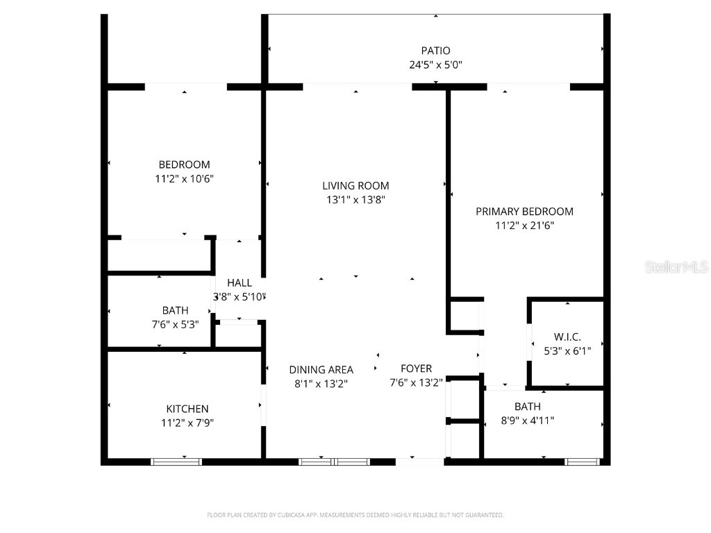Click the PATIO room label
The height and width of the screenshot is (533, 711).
435,51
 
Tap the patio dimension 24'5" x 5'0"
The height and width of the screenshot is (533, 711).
435,65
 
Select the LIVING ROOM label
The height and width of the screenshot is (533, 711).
355,185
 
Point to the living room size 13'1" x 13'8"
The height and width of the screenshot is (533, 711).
355,200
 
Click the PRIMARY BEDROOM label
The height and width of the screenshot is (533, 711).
524,211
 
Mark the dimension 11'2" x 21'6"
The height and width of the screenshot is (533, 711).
524,225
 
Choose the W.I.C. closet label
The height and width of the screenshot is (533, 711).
567,337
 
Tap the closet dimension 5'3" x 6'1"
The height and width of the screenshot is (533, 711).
567,350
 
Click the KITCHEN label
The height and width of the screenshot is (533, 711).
187,409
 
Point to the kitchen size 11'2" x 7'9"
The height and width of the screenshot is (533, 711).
187,423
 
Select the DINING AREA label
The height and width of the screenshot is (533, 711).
321,370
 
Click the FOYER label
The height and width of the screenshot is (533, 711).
416,369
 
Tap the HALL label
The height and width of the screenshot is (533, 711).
240,283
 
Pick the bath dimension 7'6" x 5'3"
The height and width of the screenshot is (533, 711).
175,323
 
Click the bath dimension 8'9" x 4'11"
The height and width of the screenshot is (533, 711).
527,420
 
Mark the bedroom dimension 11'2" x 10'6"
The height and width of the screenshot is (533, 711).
184,178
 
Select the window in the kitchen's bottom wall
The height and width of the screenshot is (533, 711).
176,462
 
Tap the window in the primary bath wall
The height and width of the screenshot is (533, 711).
582,462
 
